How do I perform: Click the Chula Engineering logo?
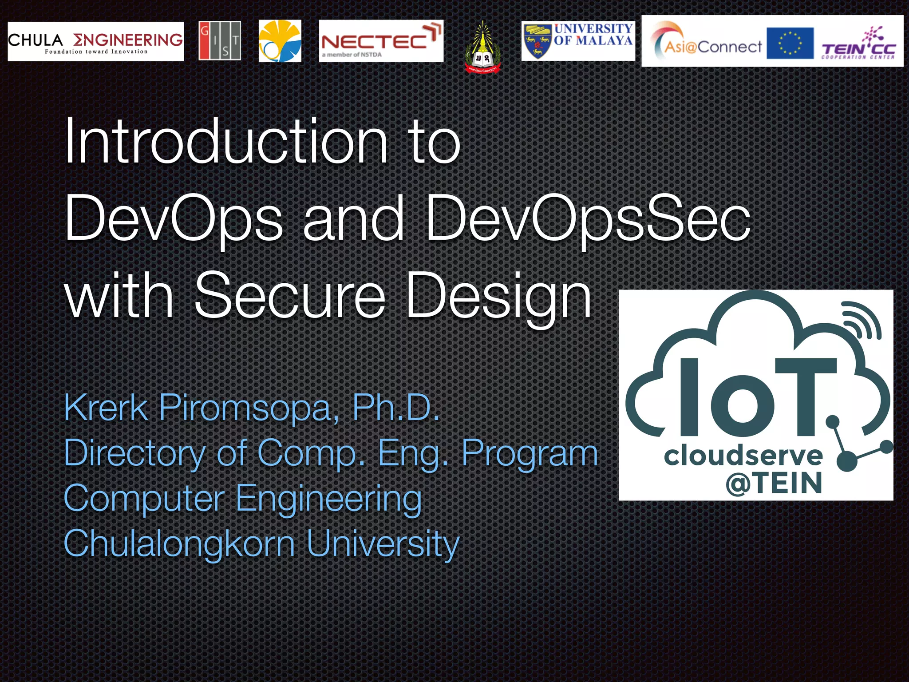pyautogui.click(x=95, y=41)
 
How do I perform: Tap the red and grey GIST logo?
pyautogui.click(x=220, y=40)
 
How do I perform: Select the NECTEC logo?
pyautogui.click(x=381, y=41)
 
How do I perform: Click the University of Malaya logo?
pyautogui.click(x=578, y=41)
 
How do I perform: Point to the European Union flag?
pyautogui.click(x=790, y=43)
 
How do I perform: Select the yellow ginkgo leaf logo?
pyautogui.click(x=280, y=41)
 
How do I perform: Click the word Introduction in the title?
pyautogui.click(x=226, y=141)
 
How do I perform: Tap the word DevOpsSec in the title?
pyautogui.click(x=588, y=218)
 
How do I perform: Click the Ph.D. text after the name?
pyautogui.click(x=395, y=408)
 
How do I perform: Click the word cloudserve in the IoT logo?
pyautogui.click(x=743, y=456)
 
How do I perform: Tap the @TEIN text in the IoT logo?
pyautogui.click(x=774, y=483)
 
